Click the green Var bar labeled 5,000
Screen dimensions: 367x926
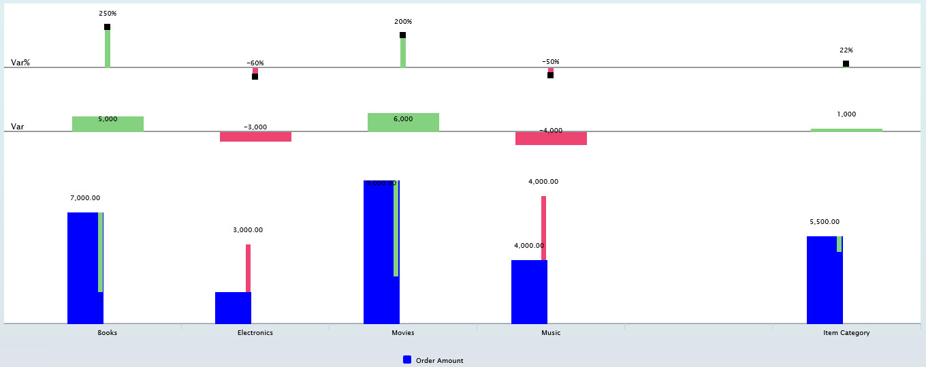108,125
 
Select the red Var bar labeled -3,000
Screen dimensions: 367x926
255,137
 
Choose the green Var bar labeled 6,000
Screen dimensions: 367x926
403,123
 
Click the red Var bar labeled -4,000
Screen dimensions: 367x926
551,139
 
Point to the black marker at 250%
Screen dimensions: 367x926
107,27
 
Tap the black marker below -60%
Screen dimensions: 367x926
255,77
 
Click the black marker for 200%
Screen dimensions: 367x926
402,35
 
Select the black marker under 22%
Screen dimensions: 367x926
846,64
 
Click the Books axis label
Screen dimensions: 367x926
108,333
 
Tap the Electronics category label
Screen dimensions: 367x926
255,333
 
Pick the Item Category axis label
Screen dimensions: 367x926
846,333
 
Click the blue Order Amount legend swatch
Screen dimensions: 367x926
407,360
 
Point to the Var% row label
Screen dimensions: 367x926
20,63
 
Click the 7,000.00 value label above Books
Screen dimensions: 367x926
85,198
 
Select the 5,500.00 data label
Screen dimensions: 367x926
825,222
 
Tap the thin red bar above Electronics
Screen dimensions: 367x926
248,268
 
